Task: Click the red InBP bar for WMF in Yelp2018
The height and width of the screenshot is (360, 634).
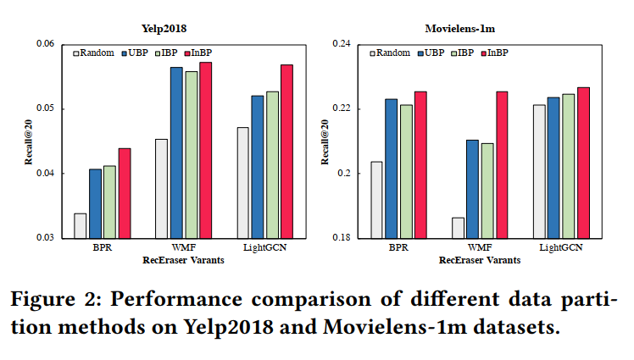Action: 206,150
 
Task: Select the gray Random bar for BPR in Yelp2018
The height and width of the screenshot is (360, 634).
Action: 80,225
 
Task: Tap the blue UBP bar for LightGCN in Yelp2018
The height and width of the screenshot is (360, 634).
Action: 257,167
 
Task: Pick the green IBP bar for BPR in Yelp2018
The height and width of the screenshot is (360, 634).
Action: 109,202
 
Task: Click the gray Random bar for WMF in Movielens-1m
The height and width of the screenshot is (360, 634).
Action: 458,228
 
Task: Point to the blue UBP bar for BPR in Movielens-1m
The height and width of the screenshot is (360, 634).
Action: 391,169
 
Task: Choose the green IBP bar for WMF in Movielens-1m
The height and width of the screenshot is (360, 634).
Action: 487,191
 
